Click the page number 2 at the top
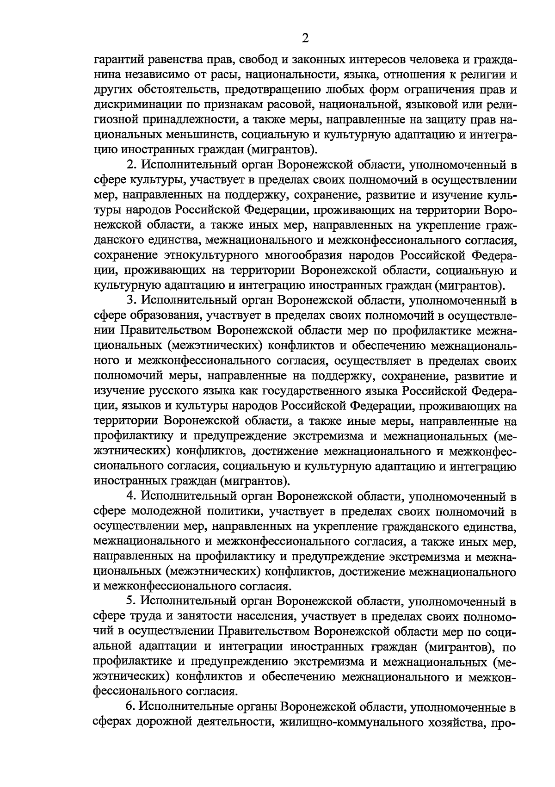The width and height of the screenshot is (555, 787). coord(305,38)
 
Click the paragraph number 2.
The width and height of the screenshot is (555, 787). coord(130,166)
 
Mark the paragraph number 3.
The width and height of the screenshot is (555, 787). coord(130,301)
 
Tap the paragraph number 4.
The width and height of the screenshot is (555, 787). coord(130,496)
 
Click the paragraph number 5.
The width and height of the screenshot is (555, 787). coord(130,602)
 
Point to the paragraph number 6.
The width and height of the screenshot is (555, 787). coord(128,707)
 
